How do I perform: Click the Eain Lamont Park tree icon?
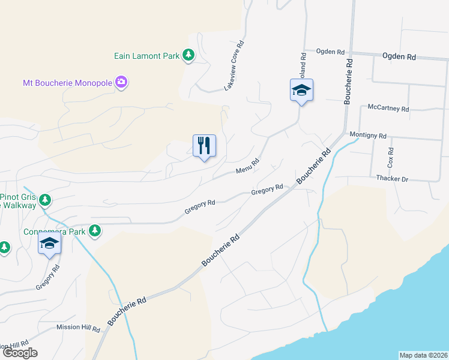(x=188, y=56)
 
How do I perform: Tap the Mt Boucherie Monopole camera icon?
(x=121, y=82)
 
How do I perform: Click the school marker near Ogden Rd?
(x=301, y=91)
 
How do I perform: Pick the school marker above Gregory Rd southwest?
(x=50, y=244)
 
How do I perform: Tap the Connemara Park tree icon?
(x=94, y=230)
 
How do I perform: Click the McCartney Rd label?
(x=388, y=109)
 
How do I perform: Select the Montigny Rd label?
(x=367, y=136)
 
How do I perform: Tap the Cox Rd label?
(x=391, y=157)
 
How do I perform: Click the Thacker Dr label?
(x=391, y=179)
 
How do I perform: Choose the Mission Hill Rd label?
(x=78, y=328)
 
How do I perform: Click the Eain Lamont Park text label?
(x=147, y=56)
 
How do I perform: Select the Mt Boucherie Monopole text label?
(x=67, y=82)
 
